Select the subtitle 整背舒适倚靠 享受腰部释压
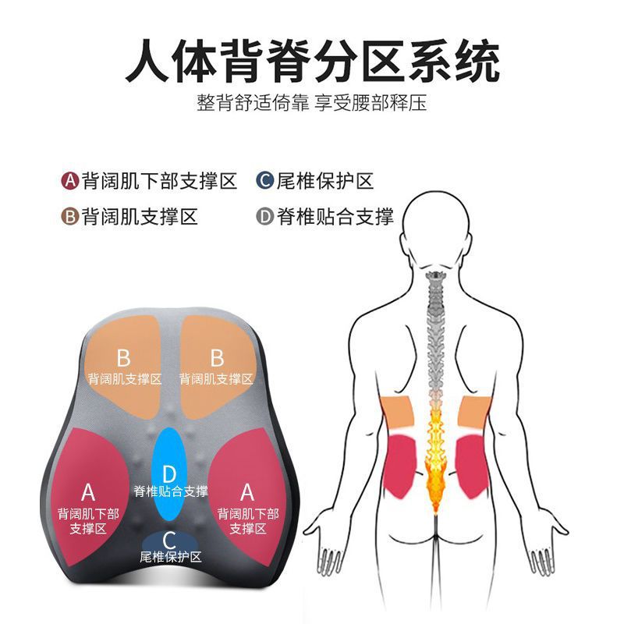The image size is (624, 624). pyautogui.click(x=312, y=104)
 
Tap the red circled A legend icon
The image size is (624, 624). pyautogui.click(x=69, y=182)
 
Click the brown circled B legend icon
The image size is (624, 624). pyautogui.click(x=69, y=216)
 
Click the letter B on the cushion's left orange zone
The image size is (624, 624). pyautogui.click(x=123, y=358)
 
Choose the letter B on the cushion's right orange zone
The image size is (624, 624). pyautogui.click(x=217, y=358)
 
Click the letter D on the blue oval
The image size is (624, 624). pyautogui.click(x=170, y=473)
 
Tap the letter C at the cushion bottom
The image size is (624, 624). pyautogui.click(x=170, y=539)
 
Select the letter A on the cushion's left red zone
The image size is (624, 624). pyautogui.click(x=88, y=492)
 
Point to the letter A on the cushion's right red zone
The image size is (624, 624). pyautogui.click(x=247, y=492)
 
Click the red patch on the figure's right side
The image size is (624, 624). pyautogui.click(x=471, y=466)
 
